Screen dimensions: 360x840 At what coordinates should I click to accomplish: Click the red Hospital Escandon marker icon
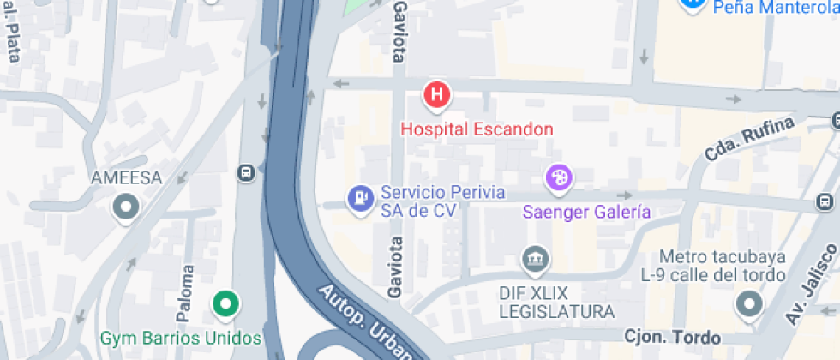tap(437, 94)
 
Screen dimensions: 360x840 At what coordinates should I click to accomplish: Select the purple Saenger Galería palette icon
tap(558, 178)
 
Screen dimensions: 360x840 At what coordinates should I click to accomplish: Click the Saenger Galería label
tap(587, 212)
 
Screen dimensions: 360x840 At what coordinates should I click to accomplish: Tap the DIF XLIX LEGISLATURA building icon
tap(536, 257)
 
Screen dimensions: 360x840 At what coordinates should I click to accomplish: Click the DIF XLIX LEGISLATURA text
tap(556, 301)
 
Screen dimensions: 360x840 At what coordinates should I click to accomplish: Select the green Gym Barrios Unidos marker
tap(225, 303)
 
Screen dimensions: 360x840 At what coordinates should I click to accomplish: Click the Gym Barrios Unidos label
tap(180, 337)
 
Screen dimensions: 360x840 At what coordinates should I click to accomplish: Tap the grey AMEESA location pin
tap(127, 207)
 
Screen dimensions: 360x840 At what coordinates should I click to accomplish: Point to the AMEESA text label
tap(126, 177)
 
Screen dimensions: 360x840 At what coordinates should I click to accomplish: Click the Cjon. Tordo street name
tap(673, 337)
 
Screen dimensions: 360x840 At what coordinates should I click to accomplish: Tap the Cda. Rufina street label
tap(735, 139)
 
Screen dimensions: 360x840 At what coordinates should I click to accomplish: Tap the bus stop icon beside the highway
tap(246, 172)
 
